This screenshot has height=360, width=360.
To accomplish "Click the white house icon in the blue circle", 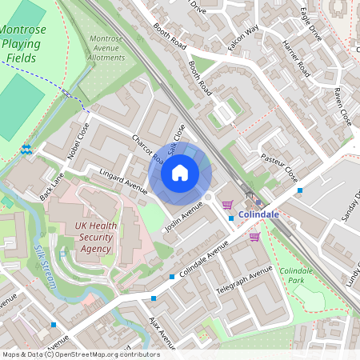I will pos(180,173).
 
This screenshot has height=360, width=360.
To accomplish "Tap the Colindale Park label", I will pos(298,276).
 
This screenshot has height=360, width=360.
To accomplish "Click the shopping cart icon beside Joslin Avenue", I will pos(228,205).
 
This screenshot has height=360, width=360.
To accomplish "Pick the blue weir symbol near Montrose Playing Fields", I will pos(26,149).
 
